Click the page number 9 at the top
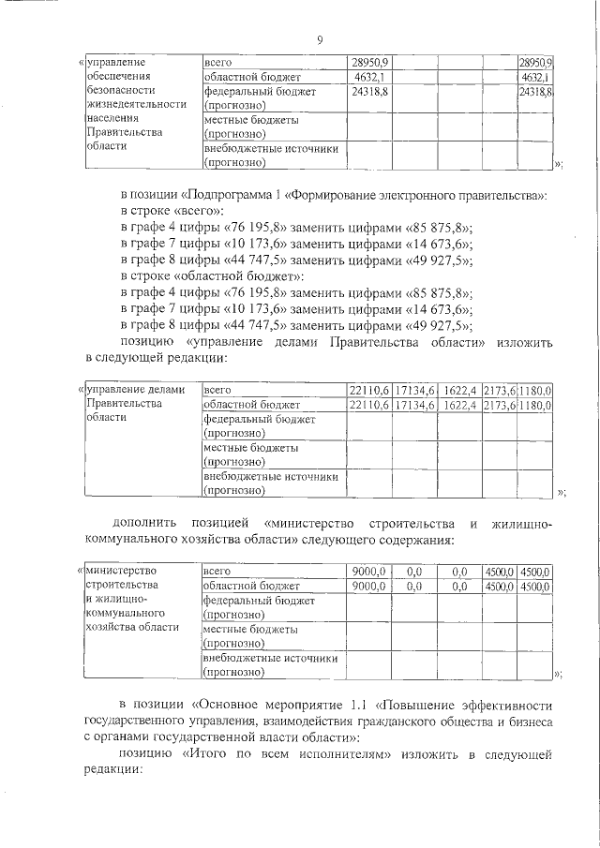(320, 38)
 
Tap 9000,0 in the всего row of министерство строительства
(367, 571)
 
